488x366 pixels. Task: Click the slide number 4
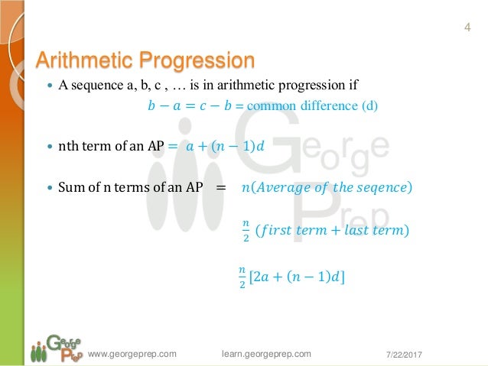(467, 29)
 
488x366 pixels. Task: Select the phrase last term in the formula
(369, 230)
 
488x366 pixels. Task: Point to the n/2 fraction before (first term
(245, 229)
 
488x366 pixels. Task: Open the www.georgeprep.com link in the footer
(132, 353)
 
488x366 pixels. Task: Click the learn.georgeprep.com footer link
(266, 353)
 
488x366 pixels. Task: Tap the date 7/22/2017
(403, 354)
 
